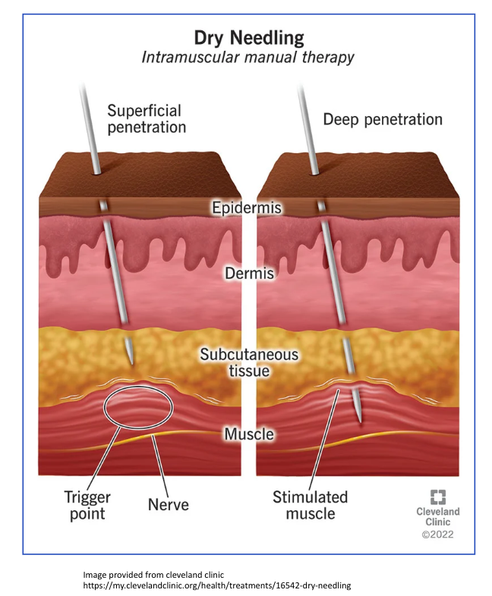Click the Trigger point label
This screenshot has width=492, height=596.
coord(87,505)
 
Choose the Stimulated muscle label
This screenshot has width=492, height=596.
coord(310,506)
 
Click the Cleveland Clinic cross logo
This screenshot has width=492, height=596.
coord(438,497)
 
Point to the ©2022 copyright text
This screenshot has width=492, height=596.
coord(438,535)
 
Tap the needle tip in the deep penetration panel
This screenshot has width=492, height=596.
coord(358,416)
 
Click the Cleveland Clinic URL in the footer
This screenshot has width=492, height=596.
coord(217,586)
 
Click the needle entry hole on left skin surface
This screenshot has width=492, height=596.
coord(96,172)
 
